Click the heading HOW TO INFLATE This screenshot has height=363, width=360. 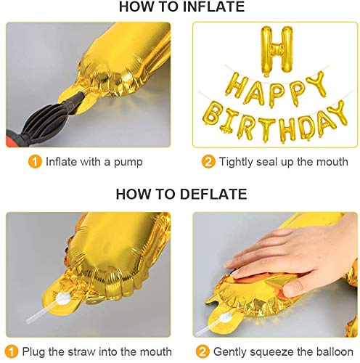[181, 7]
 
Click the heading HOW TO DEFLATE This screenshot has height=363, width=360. [181, 194]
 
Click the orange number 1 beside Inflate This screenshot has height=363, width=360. [35, 162]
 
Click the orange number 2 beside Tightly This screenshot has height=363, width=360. [208, 162]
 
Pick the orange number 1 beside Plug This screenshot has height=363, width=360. [12, 351]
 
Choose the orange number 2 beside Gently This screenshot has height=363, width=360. [202, 351]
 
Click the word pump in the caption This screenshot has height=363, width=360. [128, 163]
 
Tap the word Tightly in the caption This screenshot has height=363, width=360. [236, 162]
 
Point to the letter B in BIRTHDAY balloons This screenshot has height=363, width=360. [211, 113]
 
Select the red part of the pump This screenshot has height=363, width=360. [13, 139]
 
